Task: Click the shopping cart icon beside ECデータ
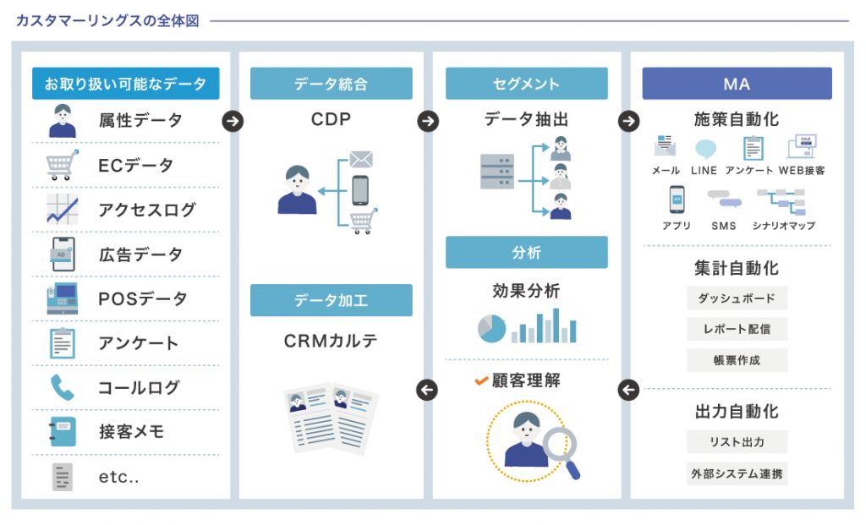click(x=63, y=165)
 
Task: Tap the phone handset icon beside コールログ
click(x=63, y=387)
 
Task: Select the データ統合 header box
click(x=331, y=84)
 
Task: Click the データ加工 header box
click(x=331, y=300)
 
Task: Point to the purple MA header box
click(x=736, y=84)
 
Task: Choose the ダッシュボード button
click(x=737, y=298)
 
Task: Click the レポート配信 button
click(x=737, y=329)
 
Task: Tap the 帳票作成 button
click(x=737, y=360)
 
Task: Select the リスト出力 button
click(x=737, y=441)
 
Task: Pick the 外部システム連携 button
click(x=737, y=473)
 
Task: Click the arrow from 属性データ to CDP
click(x=233, y=121)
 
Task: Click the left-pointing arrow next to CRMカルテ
click(x=428, y=390)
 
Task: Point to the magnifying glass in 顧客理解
click(x=560, y=446)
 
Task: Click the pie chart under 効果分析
click(x=491, y=328)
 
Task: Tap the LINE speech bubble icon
click(x=704, y=149)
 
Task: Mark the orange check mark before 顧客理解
click(x=481, y=381)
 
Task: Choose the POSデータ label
click(x=143, y=298)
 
